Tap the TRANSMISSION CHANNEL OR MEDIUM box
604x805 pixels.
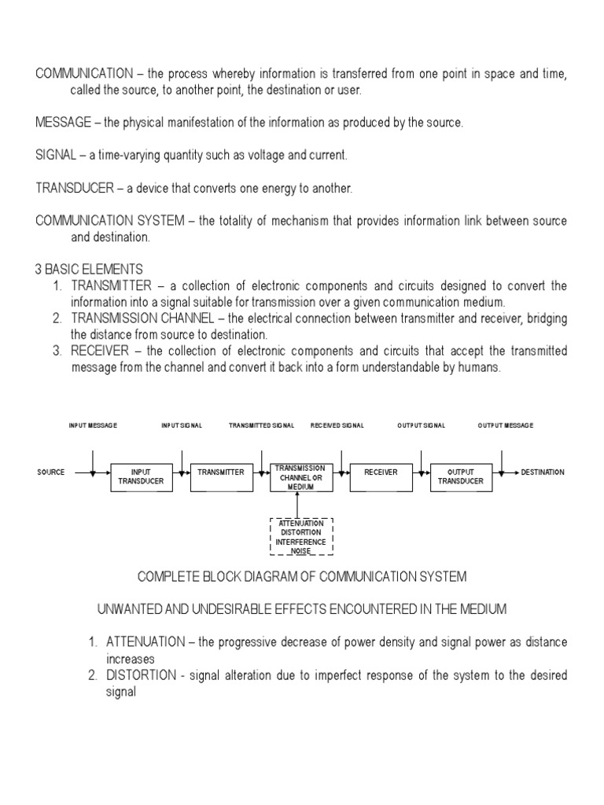(300, 477)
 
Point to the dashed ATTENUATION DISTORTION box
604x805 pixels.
(301, 536)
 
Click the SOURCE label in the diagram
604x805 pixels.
(51, 472)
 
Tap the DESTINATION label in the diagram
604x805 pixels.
(543, 472)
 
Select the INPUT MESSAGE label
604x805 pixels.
(93, 425)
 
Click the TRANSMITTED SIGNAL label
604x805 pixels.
(262, 425)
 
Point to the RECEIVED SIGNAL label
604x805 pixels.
(337, 425)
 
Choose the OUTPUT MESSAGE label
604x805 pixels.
(506, 425)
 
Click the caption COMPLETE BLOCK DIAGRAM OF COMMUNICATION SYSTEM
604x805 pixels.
(302, 577)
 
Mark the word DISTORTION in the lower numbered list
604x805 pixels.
(138, 676)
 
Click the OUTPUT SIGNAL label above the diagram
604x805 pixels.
(421, 425)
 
